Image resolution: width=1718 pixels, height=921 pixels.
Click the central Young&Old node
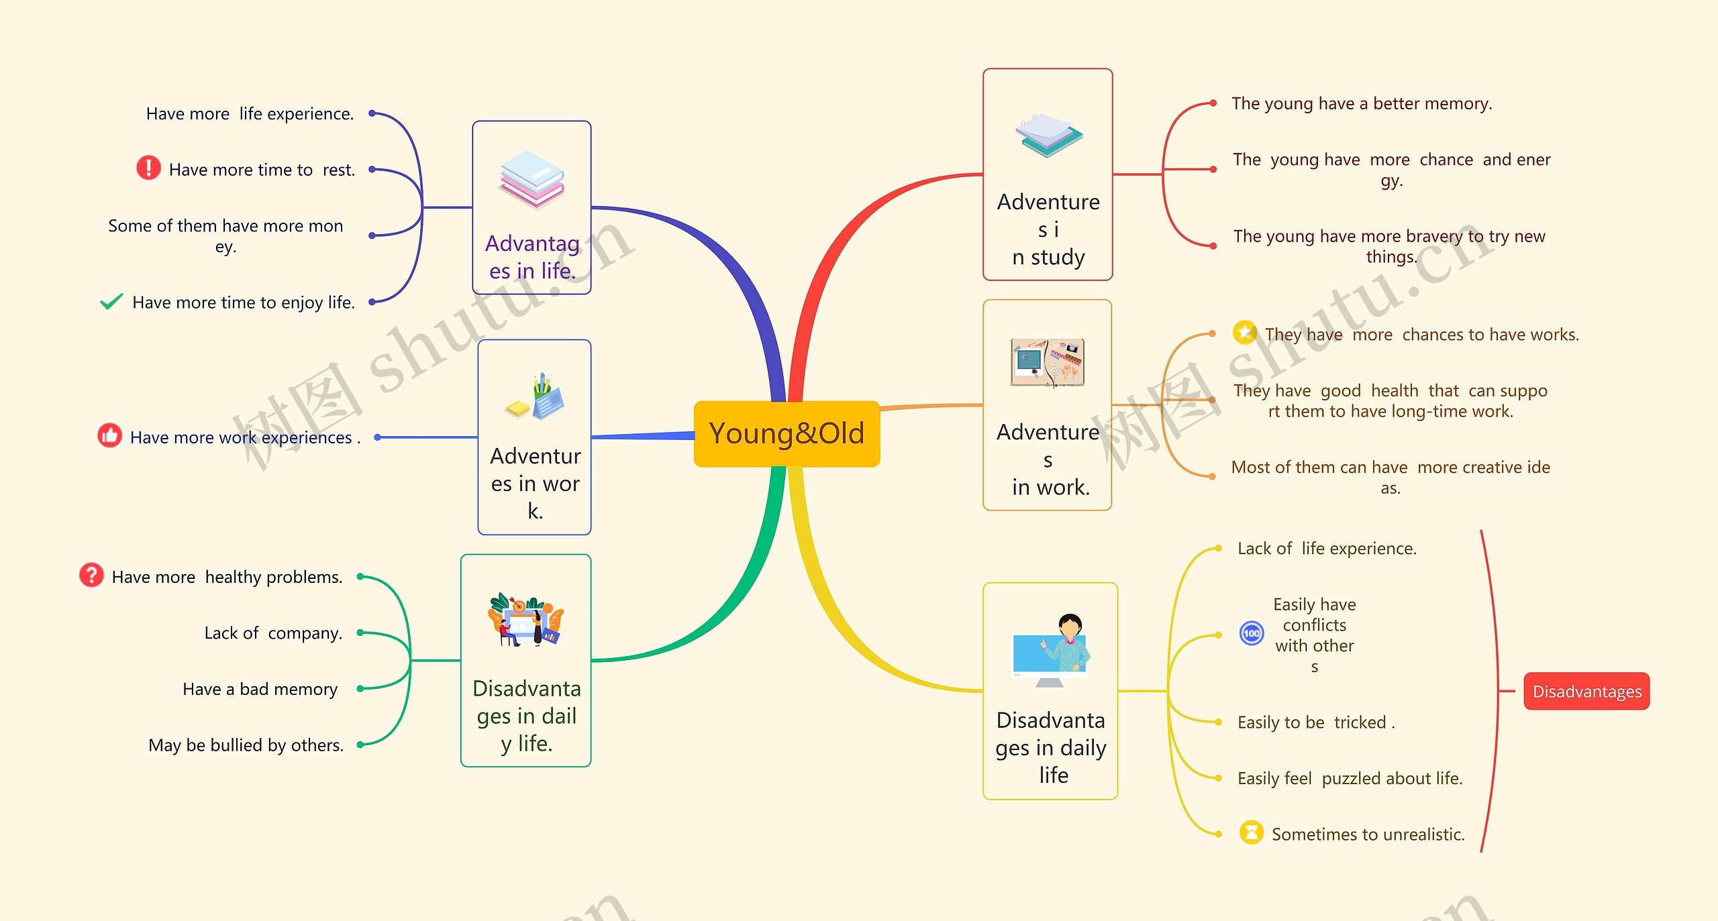(787, 434)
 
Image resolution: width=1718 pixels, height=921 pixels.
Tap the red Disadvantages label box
(1586, 691)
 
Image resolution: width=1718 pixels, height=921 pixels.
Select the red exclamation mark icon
(148, 168)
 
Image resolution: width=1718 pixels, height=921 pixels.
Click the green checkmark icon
(111, 302)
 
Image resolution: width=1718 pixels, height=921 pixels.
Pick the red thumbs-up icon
(110, 435)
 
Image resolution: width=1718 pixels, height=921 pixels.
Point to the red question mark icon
(91, 575)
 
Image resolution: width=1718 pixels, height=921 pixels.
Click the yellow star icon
(1245, 332)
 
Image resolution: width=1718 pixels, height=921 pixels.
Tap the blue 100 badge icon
(1252, 633)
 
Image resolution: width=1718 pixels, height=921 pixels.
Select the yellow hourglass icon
(1251, 832)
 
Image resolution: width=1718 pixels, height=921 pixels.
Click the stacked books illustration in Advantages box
(532, 179)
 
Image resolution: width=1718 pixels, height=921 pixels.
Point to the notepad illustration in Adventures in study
(1048, 136)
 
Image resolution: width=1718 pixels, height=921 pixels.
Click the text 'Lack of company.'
(273, 633)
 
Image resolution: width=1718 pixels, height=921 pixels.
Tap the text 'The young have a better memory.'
(1362, 103)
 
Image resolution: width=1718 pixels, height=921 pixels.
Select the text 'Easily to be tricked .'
(1316, 722)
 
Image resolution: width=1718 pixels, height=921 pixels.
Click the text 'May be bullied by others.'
(246, 745)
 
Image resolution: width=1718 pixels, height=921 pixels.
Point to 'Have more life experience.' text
(250, 113)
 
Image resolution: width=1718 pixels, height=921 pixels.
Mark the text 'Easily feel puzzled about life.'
(1350, 778)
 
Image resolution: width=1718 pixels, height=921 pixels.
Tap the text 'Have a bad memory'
(260, 689)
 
